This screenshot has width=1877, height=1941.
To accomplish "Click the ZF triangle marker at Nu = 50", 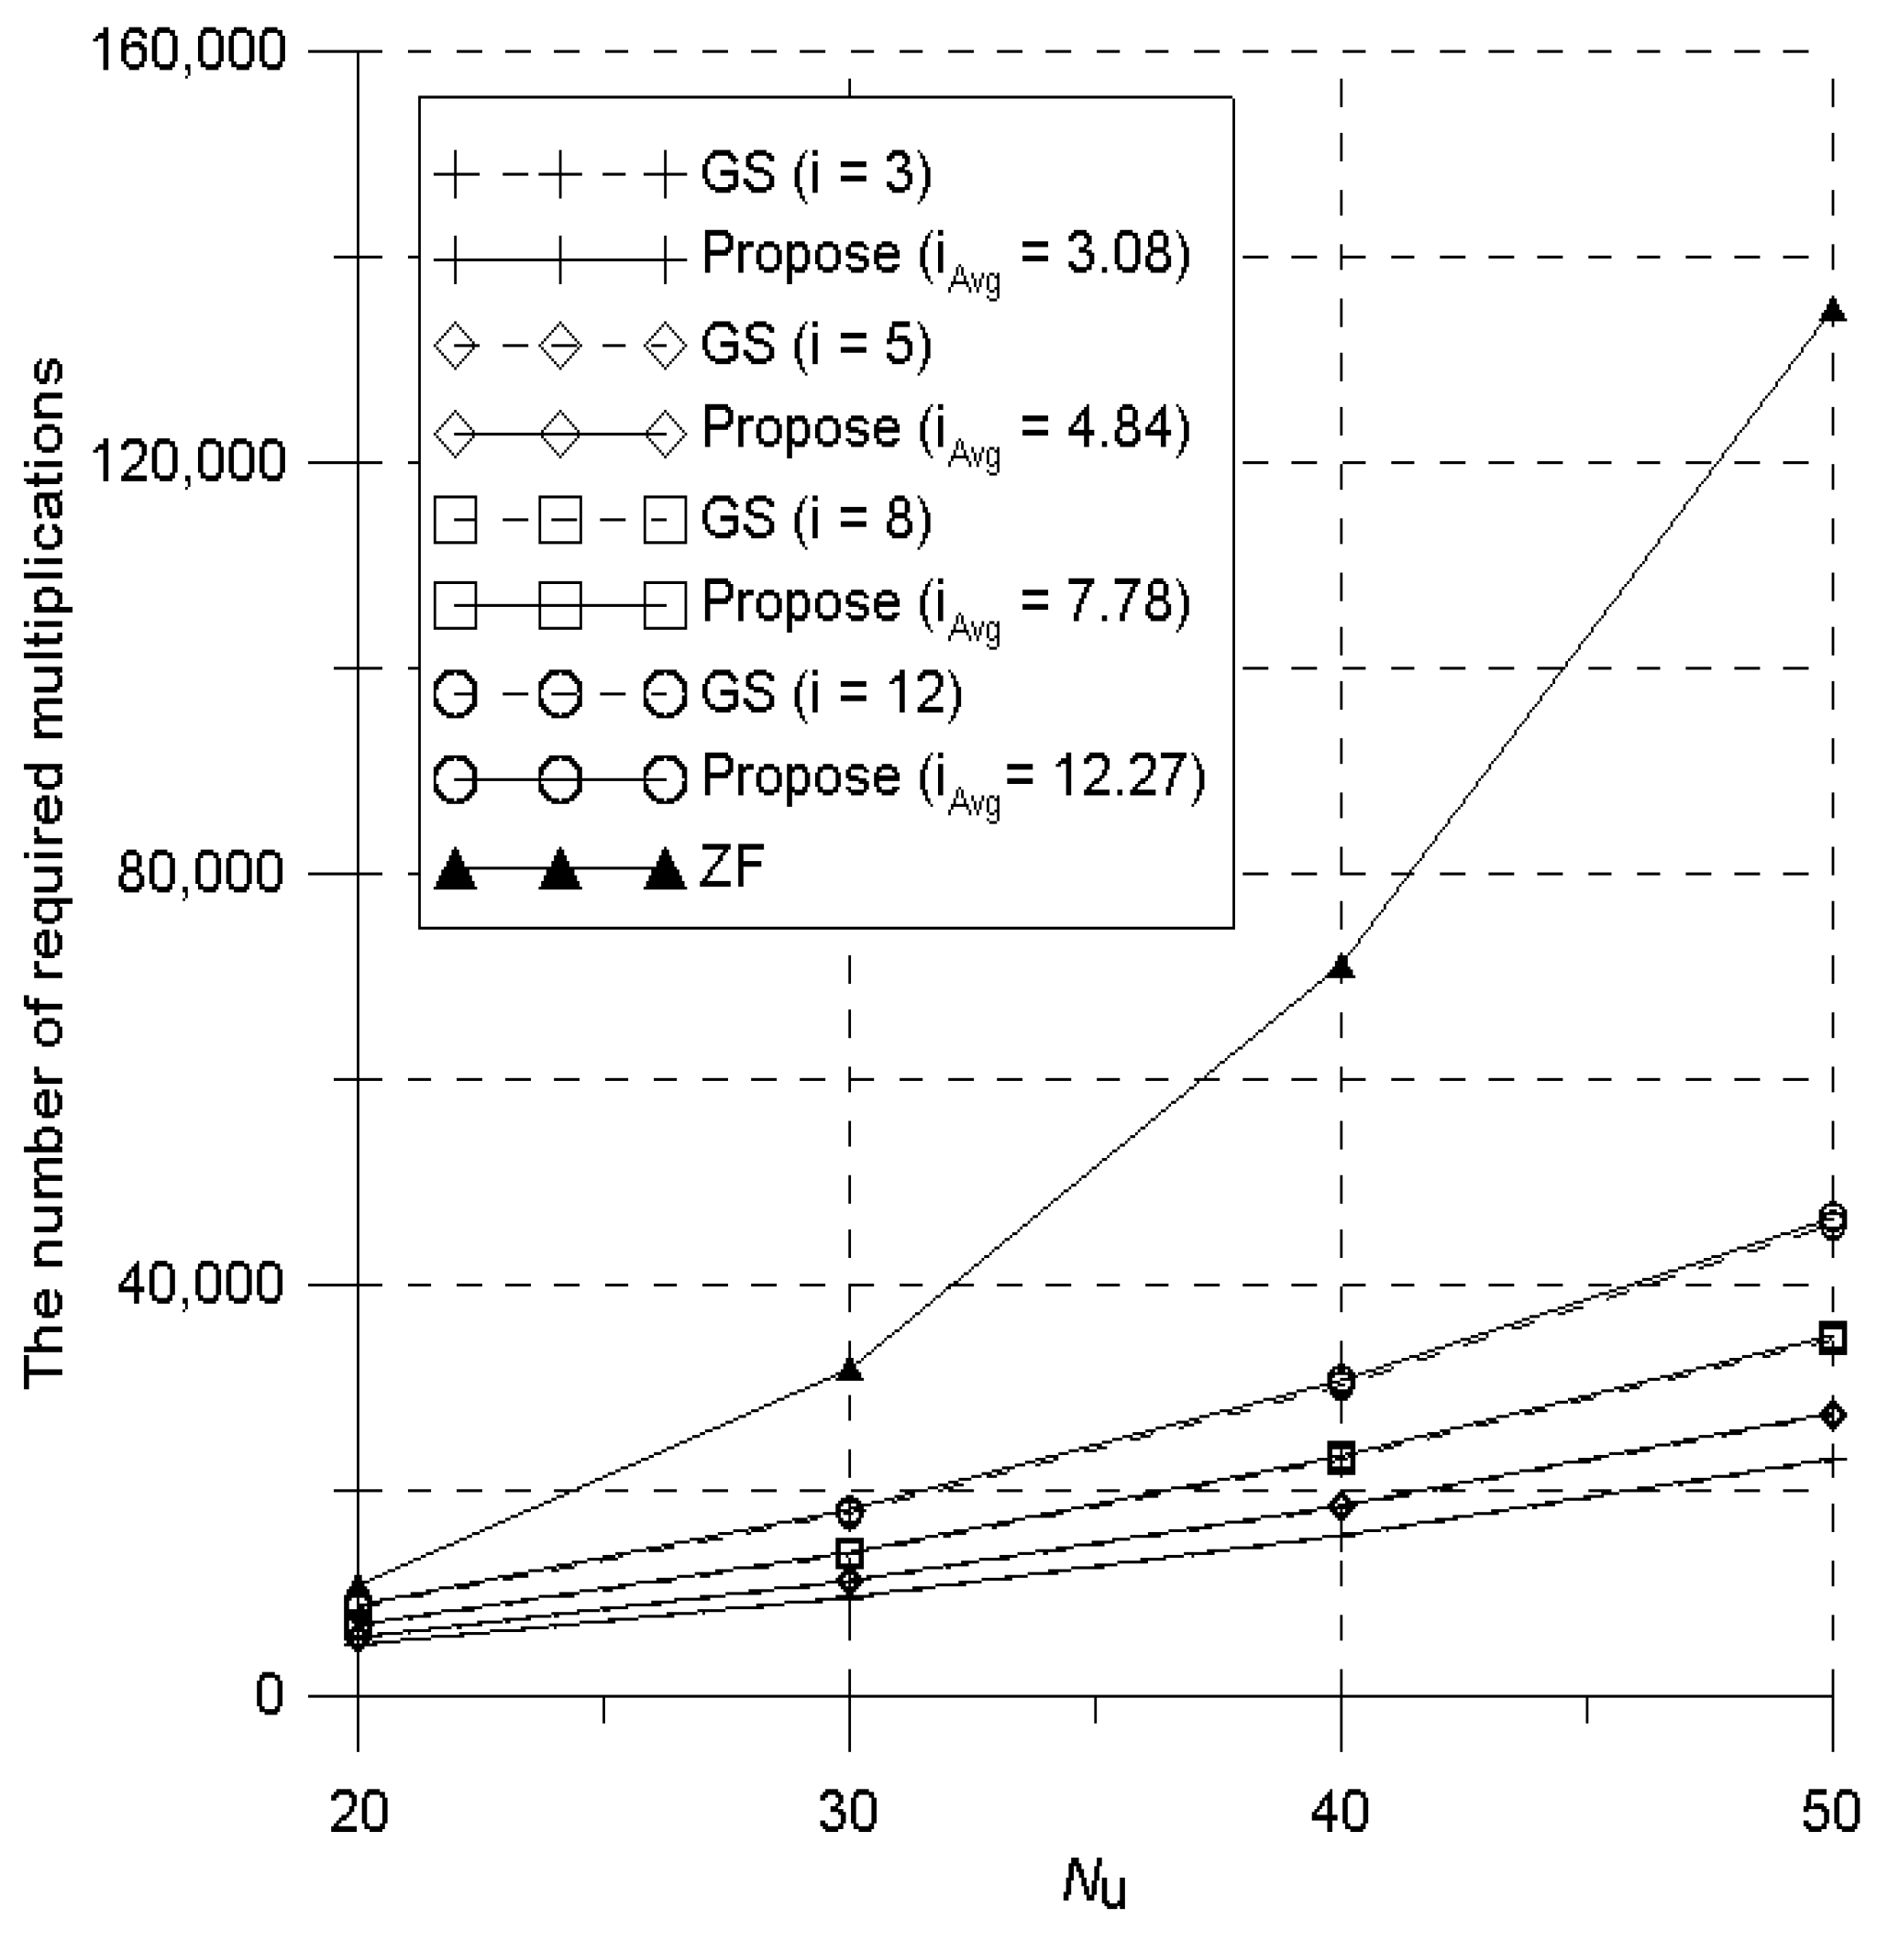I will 1832,311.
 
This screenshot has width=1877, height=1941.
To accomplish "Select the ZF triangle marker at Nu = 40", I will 1341,967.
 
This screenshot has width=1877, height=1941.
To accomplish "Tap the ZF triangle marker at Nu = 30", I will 849,1370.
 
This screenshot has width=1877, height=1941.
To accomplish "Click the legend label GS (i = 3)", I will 816,173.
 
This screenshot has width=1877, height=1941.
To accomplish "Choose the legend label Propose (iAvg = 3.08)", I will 946,257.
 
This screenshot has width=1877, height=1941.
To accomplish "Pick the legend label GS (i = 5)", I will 816,346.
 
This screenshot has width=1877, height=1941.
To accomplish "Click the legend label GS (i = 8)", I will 816,519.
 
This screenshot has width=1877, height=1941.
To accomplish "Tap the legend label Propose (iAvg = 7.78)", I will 946,604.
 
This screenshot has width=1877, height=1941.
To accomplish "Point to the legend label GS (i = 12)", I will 831,692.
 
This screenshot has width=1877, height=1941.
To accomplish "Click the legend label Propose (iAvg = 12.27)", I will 953,778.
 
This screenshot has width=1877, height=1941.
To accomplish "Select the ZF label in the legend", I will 732,868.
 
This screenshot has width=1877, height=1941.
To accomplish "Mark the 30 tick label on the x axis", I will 849,1812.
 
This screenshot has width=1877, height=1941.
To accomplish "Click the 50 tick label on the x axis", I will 1830,1812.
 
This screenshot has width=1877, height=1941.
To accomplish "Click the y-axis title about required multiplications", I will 45,871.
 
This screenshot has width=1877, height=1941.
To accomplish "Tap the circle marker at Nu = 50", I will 1832,1219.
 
